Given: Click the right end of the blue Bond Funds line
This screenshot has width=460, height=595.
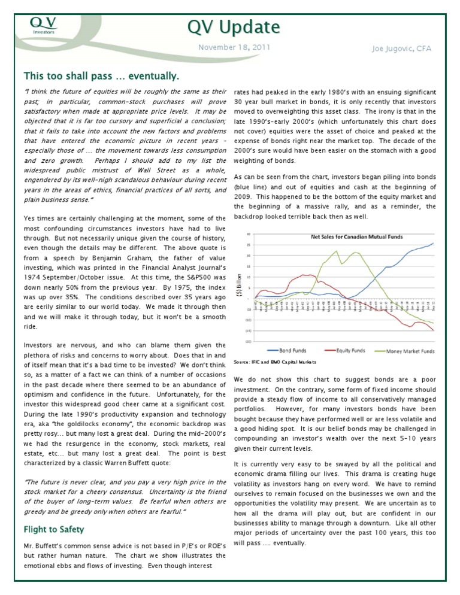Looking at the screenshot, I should tap(433, 243).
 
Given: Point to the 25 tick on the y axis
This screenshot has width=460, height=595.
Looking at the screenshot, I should tap(249, 245).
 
